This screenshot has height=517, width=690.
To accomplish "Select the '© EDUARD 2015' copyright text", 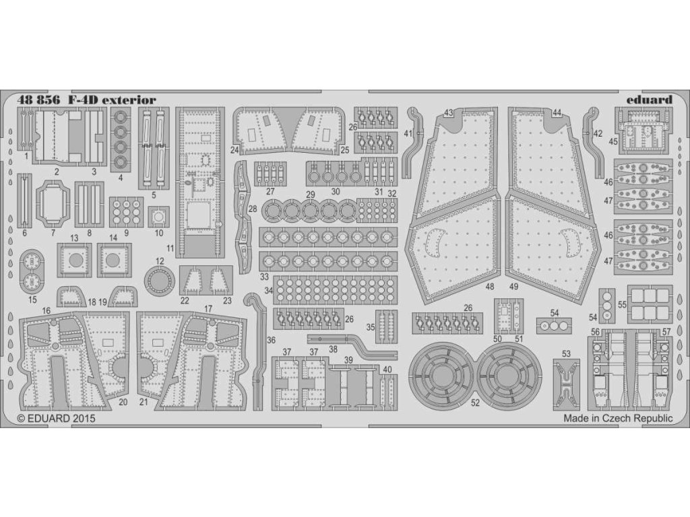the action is click(57, 418).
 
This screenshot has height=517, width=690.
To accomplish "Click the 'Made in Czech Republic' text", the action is click(618, 418).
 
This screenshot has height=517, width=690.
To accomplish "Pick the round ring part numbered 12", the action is click(159, 281).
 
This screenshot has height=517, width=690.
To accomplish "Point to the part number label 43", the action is click(449, 112).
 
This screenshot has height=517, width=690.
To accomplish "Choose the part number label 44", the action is click(557, 112).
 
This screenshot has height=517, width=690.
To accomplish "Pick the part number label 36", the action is click(271, 341).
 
